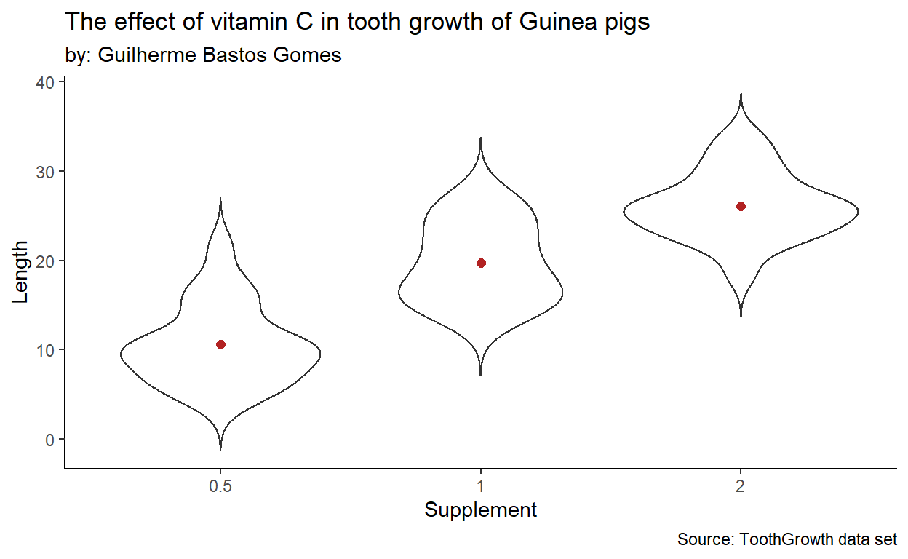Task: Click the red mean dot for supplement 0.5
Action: coord(220,344)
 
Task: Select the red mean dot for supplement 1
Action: coord(481,263)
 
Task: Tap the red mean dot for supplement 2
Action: coord(741,206)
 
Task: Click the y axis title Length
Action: coord(22,273)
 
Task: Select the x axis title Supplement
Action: coord(481,510)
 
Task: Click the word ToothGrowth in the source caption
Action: coord(786,540)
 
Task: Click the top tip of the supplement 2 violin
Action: coord(741,95)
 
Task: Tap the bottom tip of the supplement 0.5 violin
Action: coord(220,449)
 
